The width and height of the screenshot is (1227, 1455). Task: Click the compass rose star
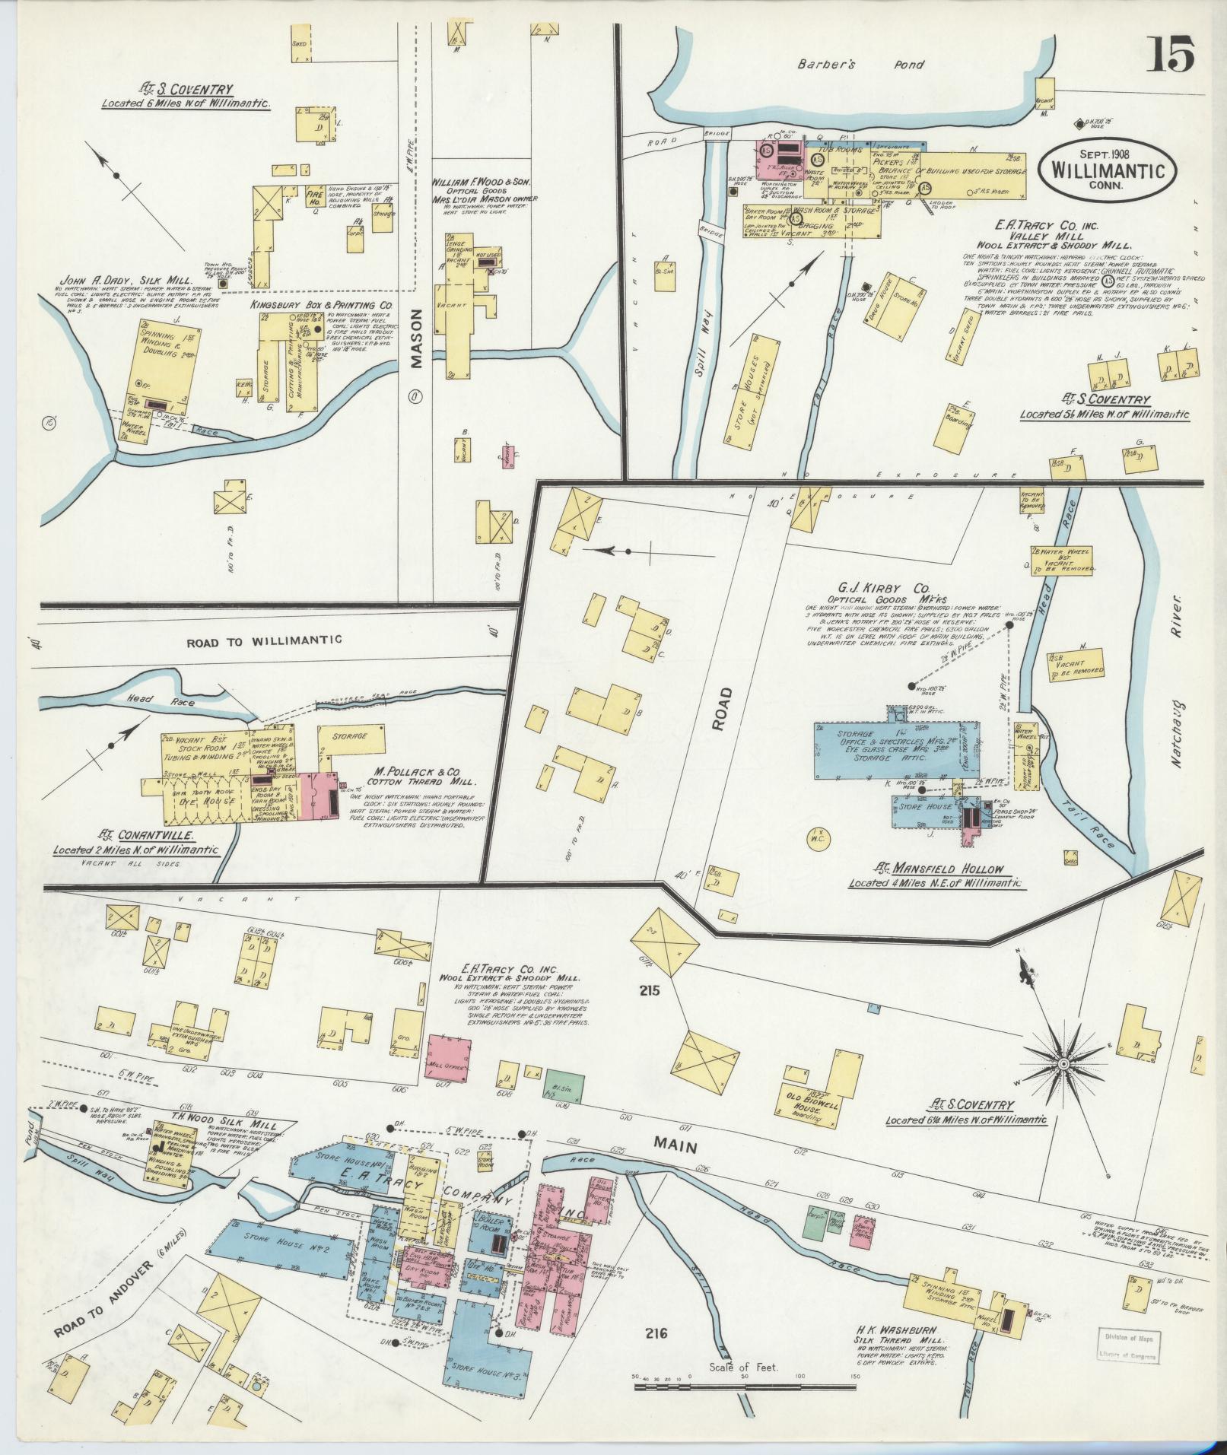(1063, 1062)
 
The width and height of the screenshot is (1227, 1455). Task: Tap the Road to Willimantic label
(263, 640)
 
